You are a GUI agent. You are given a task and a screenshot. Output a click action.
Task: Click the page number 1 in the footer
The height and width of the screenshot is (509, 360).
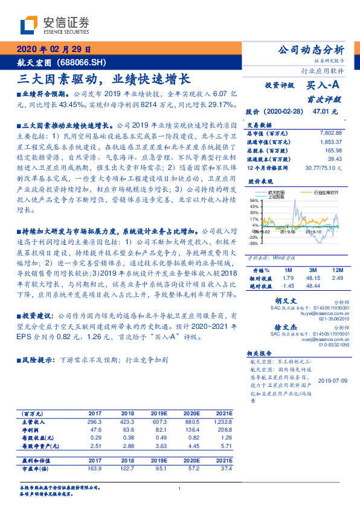[180, 489]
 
